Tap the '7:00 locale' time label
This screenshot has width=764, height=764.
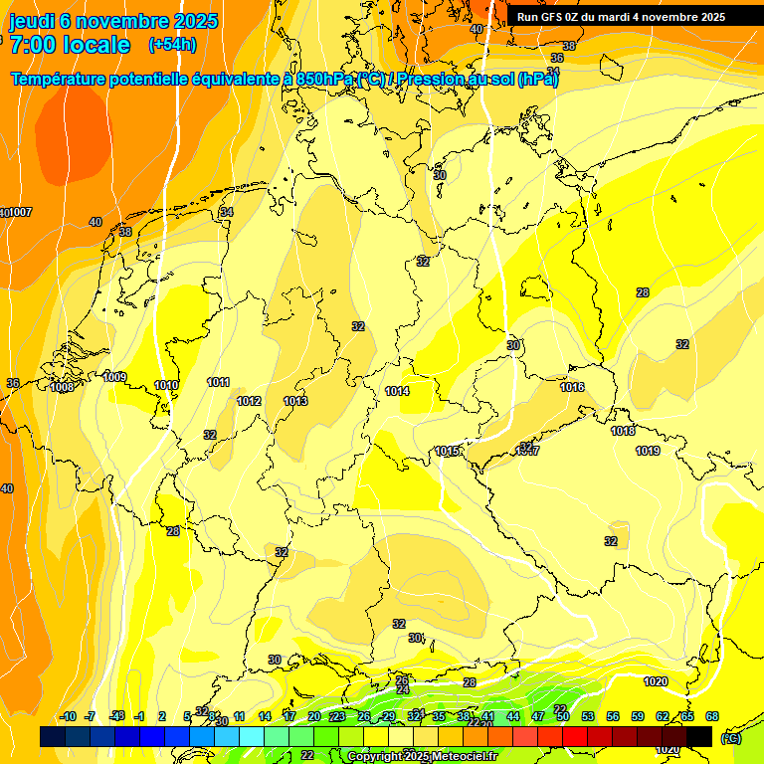tap(70, 45)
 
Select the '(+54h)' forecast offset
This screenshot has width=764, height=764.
tap(172, 45)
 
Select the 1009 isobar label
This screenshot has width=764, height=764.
tap(114, 377)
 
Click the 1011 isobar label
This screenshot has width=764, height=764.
tap(219, 382)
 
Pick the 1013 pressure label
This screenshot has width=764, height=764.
tap(295, 401)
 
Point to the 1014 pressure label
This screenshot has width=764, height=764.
tap(398, 391)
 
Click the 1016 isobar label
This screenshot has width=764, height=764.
tap(572, 387)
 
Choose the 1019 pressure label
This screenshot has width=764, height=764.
tap(648, 451)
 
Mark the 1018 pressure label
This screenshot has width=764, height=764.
tap(623, 431)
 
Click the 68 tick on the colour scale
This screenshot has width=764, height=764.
tap(712, 716)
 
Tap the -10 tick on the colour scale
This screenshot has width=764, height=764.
tap(69, 716)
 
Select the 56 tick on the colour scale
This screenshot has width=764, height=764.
tap(613, 716)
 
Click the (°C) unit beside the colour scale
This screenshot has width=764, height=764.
tap(729, 737)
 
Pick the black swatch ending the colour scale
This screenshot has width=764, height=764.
tap(699, 736)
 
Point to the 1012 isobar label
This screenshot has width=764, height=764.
tap(249, 401)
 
